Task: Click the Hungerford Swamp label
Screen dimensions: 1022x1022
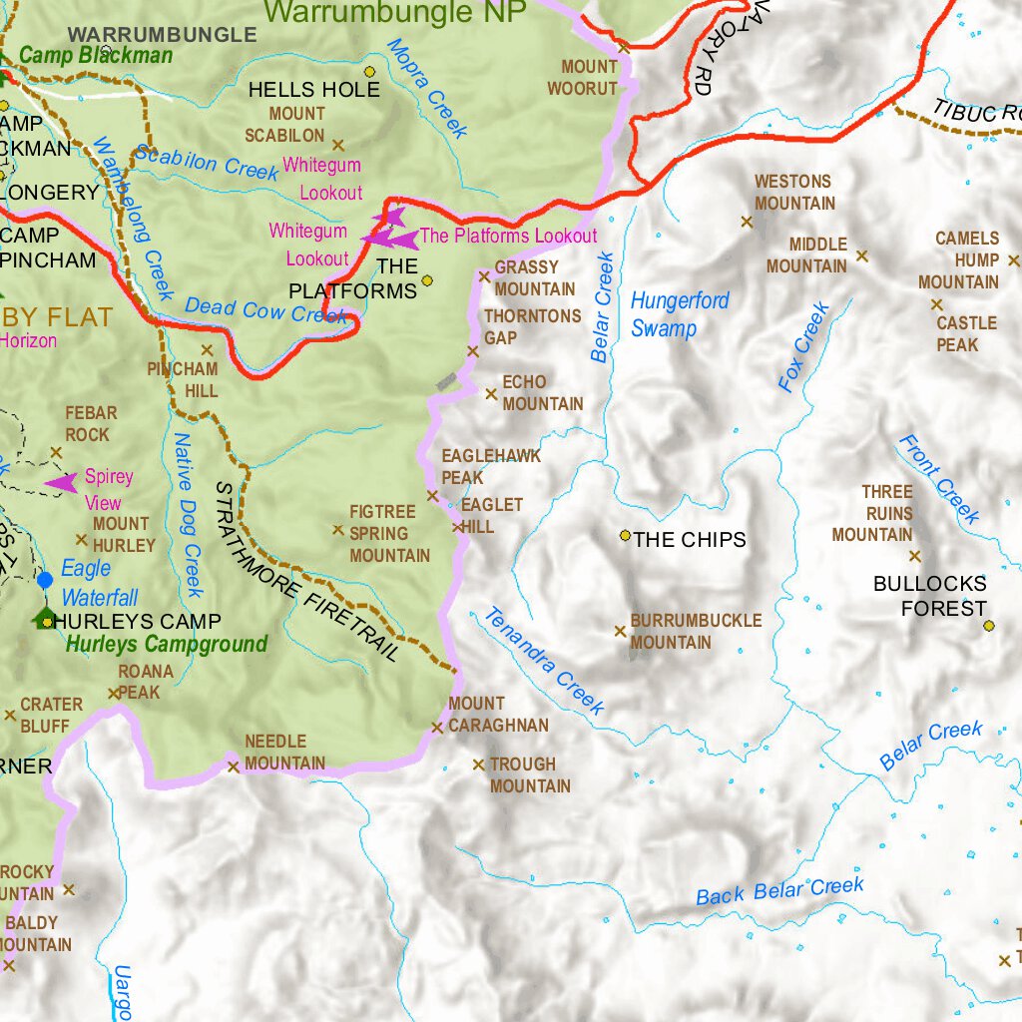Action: tap(680, 314)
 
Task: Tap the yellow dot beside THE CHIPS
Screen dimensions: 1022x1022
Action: tap(626, 536)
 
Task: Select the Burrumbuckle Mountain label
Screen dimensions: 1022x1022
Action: tap(695, 632)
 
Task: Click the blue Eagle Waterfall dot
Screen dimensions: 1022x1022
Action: tap(44, 579)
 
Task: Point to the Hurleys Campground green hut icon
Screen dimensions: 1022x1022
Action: tap(43, 619)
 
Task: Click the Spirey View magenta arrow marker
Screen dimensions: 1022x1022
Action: tap(62, 484)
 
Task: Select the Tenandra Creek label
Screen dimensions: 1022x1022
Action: tap(544, 661)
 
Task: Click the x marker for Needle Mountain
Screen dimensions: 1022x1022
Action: tap(234, 766)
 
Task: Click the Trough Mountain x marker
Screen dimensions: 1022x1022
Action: tap(478, 765)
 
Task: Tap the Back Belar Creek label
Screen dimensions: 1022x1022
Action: tap(779, 891)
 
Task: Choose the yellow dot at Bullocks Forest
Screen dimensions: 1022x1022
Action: tap(988, 626)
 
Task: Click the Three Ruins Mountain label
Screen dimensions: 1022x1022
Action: tap(873, 513)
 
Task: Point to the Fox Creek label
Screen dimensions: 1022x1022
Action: tap(803, 346)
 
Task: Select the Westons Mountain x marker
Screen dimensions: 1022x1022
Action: tap(747, 222)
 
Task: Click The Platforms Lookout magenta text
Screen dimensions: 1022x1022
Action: tap(508, 237)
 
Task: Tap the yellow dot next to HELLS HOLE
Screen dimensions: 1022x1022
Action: tap(369, 72)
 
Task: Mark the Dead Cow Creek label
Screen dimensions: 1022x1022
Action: tap(265, 311)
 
